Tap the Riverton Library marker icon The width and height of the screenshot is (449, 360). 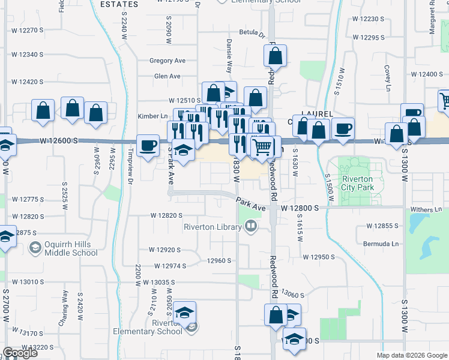[x=251, y=227]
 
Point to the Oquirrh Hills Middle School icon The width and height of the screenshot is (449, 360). [x=35, y=247]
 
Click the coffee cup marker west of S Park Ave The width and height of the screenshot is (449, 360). [x=148, y=145]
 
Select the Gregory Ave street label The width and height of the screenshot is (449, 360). [x=167, y=61]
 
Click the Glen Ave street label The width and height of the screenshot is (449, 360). [x=167, y=76]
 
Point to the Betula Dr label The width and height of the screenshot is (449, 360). [x=252, y=32]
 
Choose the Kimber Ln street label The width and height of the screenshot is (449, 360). [x=152, y=116]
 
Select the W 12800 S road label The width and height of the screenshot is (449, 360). [x=298, y=208]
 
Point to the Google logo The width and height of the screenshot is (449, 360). [x=20, y=353]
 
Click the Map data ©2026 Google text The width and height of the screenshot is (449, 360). [x=412, y=355]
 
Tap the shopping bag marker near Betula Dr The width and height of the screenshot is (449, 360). [x=275, y=57]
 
